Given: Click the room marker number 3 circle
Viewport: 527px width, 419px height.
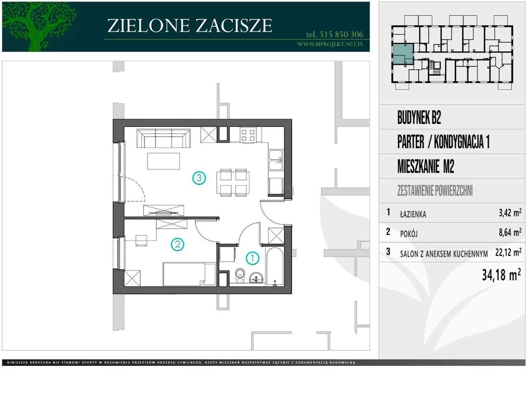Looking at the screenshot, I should pyautogui.click(x=199, y=178).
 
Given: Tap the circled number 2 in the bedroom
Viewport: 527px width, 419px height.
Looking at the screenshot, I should pyautogui.click(x=177, y=244).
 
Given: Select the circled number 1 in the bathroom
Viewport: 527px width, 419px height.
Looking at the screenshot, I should pyautogui.click(x=252, y=258).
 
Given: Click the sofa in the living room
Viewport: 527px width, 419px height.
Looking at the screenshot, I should pyautogui.click(x=164, y=138).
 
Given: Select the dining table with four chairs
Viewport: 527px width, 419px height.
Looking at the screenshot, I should pyautogui.click(x=233, y=182).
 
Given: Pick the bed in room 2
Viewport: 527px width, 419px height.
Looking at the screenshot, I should pyautogui.click(x=189, y=274).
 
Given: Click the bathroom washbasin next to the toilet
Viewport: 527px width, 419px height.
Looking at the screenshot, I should pyautogui.click(x=256, y=277).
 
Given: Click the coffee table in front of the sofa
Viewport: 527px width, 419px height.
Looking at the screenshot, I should pyautogui.click(x=164, y=161).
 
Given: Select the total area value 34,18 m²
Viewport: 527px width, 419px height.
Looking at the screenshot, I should pyautogui.click(x=501, y=275).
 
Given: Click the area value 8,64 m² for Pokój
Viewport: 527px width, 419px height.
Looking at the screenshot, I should pyautogui.click(x=510, y=232).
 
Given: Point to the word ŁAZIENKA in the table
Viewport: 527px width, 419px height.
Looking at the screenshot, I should pyautogui.click(x=413, y=215).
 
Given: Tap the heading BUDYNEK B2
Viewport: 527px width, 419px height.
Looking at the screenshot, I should pyautogui.click(x=419, y=118).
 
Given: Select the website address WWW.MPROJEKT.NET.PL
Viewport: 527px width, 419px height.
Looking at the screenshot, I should pyautogui.click(x=330, y=44).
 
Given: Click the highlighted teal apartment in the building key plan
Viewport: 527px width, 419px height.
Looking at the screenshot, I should pyautogui.click(x=402, y=54).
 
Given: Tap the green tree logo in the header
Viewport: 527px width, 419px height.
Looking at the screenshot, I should pyautogui.click(x=39, y=26).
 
